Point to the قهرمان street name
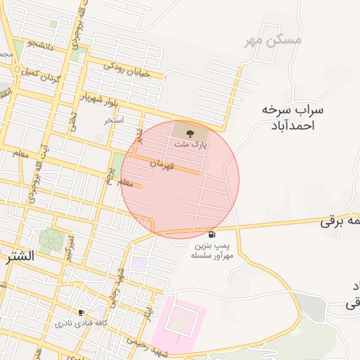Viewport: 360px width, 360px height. [161, 163]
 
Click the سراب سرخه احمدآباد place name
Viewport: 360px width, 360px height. [292, 117]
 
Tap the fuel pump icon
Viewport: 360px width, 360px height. [212, 234]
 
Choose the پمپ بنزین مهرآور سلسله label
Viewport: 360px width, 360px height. [211, 250]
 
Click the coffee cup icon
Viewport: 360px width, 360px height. [82, 312]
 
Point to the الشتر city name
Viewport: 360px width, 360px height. [18, 256]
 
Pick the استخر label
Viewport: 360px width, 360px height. [114, 120]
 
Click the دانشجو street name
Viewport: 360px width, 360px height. [41, 46]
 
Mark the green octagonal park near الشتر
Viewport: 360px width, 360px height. [51, 240]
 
